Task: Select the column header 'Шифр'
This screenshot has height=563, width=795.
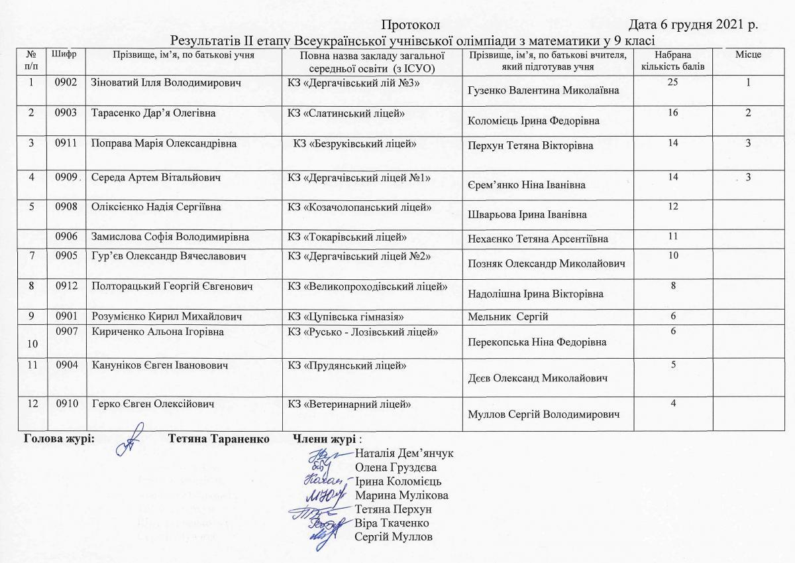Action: (x=68, y=54)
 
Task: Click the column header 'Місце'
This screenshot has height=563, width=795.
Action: (x=747, y=54)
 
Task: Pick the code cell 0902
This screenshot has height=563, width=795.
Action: (x=67, y=83)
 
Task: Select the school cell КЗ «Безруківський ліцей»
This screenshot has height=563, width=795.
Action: (x=354, y=143)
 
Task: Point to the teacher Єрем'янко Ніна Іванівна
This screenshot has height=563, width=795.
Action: (x=526, y=185)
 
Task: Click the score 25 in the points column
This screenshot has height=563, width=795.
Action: (x=673, y=82)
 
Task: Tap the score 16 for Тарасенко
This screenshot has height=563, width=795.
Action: (x=673, y=113)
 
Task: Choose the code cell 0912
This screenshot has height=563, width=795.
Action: (x=67, y=286)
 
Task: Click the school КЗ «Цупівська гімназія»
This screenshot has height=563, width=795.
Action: (x=346, y=316)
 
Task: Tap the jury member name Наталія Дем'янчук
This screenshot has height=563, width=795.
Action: (x=404, y=454)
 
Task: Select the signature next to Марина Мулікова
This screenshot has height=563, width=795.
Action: (x=325, y=495)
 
